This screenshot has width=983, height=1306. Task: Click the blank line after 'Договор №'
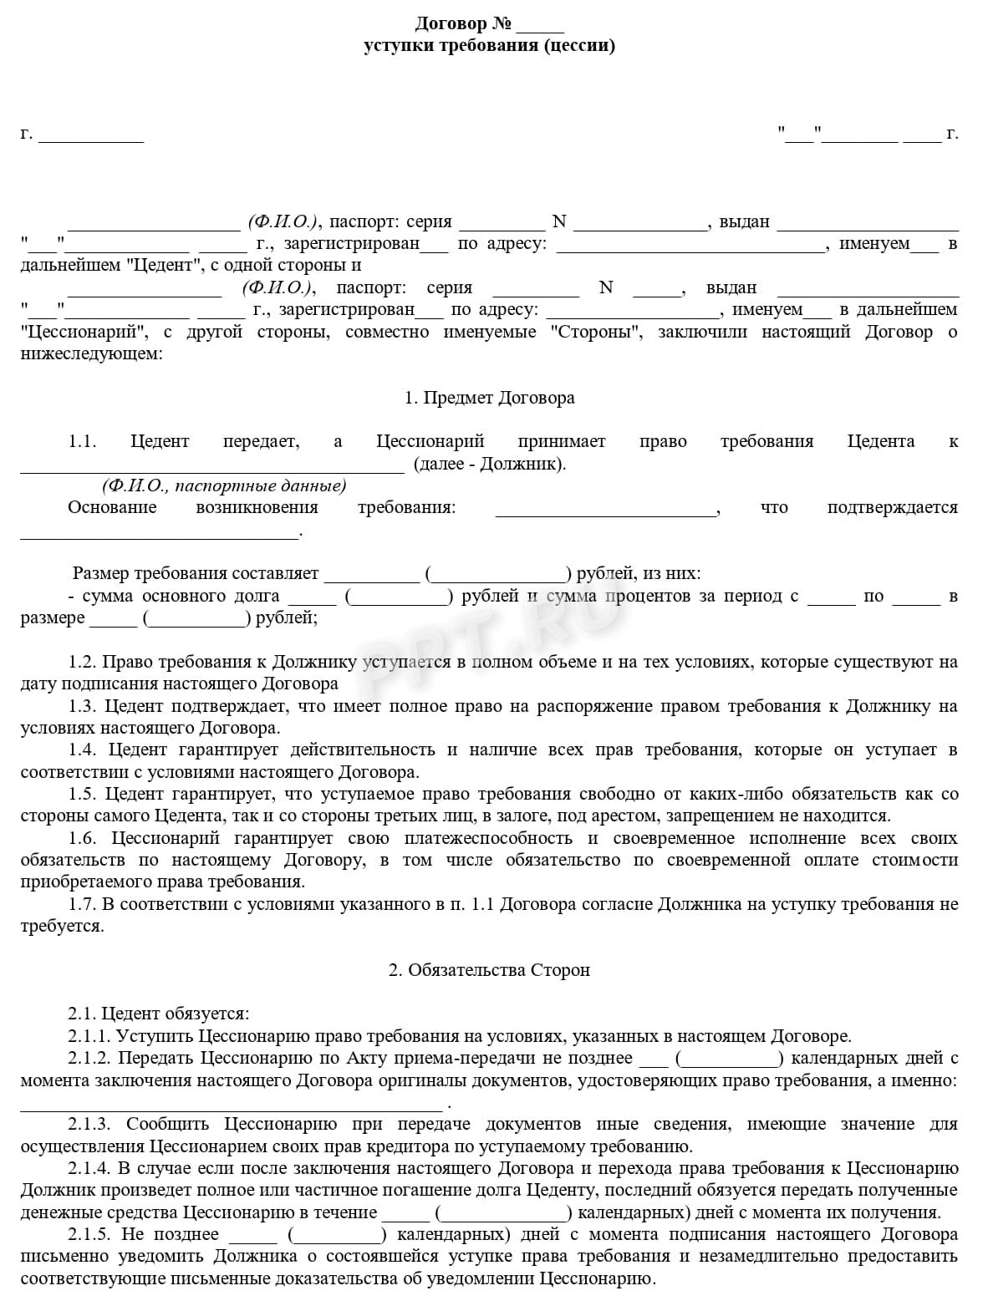[546, 25]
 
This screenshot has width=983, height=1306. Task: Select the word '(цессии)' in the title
[579, 45]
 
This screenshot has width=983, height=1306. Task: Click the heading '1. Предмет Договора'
[490, 398]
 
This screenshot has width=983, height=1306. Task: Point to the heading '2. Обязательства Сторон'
[489, 970]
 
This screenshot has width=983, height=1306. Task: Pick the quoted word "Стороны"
[597, 332]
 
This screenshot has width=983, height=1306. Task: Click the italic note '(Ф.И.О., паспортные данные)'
[224, 485]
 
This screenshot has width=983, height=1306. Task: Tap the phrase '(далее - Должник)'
[489, 464]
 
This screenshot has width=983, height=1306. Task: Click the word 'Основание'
[112, 507]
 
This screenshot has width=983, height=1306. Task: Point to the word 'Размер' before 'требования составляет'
[100, 573]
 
